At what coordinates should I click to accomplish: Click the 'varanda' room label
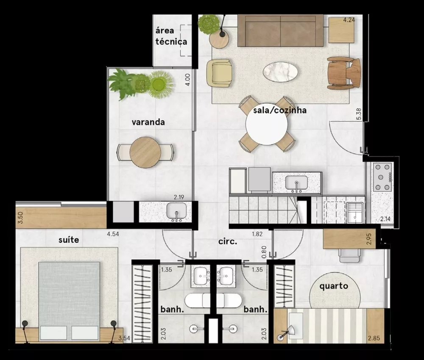[x=148, y=122]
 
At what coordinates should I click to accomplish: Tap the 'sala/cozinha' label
[x=279, y=111]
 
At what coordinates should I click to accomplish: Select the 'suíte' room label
[x=69, y=240]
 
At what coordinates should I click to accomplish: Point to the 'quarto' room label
[x=334, y=286]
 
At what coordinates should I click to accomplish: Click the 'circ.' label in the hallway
[x=227, y=242]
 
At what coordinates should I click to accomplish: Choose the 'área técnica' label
[x=171, y=36]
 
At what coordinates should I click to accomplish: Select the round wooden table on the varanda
[x=145, y=152]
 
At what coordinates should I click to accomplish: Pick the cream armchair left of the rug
[x=219, y=73]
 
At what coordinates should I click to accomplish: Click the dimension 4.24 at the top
[x=349, y=19]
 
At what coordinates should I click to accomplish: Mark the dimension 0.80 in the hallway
[x=264, y=253]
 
